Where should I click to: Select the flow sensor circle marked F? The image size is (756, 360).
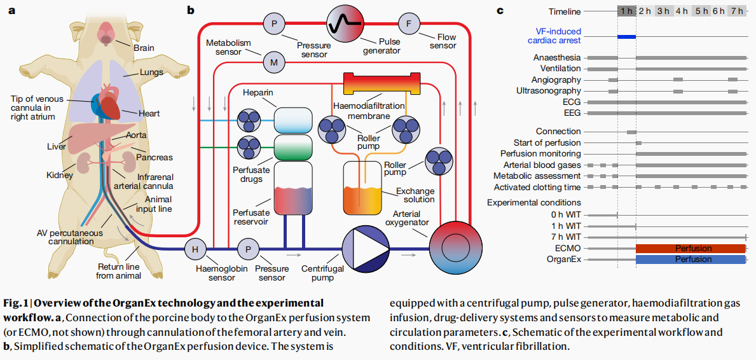(408, 24)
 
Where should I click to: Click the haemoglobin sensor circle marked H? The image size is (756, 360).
(195, 249)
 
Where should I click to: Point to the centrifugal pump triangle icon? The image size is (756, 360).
(366, 249)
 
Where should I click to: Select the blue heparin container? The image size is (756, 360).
(293, 120)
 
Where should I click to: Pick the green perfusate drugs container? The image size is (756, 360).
(293, 148)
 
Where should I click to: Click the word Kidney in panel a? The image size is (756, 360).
(60, 175)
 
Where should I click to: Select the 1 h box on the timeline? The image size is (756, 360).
(626, 11)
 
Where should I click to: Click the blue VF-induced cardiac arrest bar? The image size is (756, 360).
(626, 36)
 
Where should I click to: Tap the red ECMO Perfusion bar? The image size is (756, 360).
(690, 248)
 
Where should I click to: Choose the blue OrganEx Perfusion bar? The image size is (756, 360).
(690, 260)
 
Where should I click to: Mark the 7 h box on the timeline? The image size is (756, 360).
(737, 11)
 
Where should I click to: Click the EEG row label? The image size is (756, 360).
(572, 113)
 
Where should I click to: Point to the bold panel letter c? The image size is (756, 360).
(500, 10)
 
